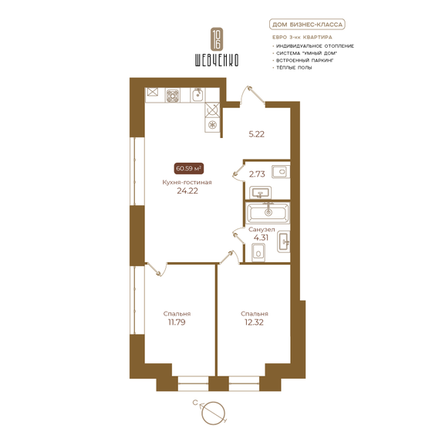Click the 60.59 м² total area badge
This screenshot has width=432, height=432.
(189, 167)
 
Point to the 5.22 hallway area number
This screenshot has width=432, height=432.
(257, 133)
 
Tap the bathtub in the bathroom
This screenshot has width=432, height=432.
(267, 211)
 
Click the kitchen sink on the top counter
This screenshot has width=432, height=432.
(197, 95)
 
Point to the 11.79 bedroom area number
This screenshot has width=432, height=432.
(177, 323)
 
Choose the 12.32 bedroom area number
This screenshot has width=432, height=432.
(254, 323)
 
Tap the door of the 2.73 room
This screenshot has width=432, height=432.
(239, 173)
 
